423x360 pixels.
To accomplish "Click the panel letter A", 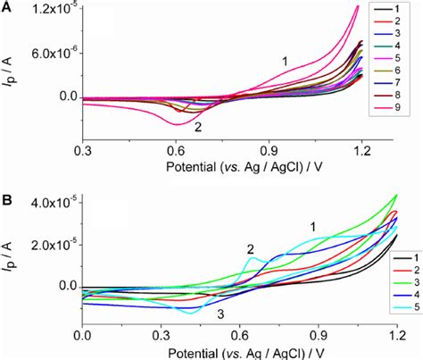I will click(7, 8).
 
